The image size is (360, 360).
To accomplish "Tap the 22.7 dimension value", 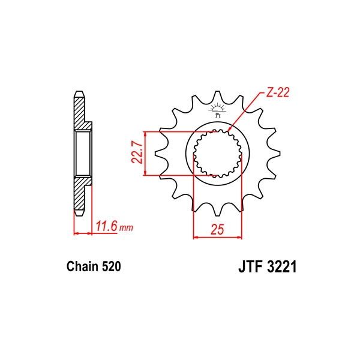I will click(x=137, y=154).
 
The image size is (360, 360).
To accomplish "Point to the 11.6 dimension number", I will click(x=106, y=227).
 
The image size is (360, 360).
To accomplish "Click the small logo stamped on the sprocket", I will click(x=215, y=109).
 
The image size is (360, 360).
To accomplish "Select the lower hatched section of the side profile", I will click(x=80, y=195).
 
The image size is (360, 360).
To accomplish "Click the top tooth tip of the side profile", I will click(x=79, y=93).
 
